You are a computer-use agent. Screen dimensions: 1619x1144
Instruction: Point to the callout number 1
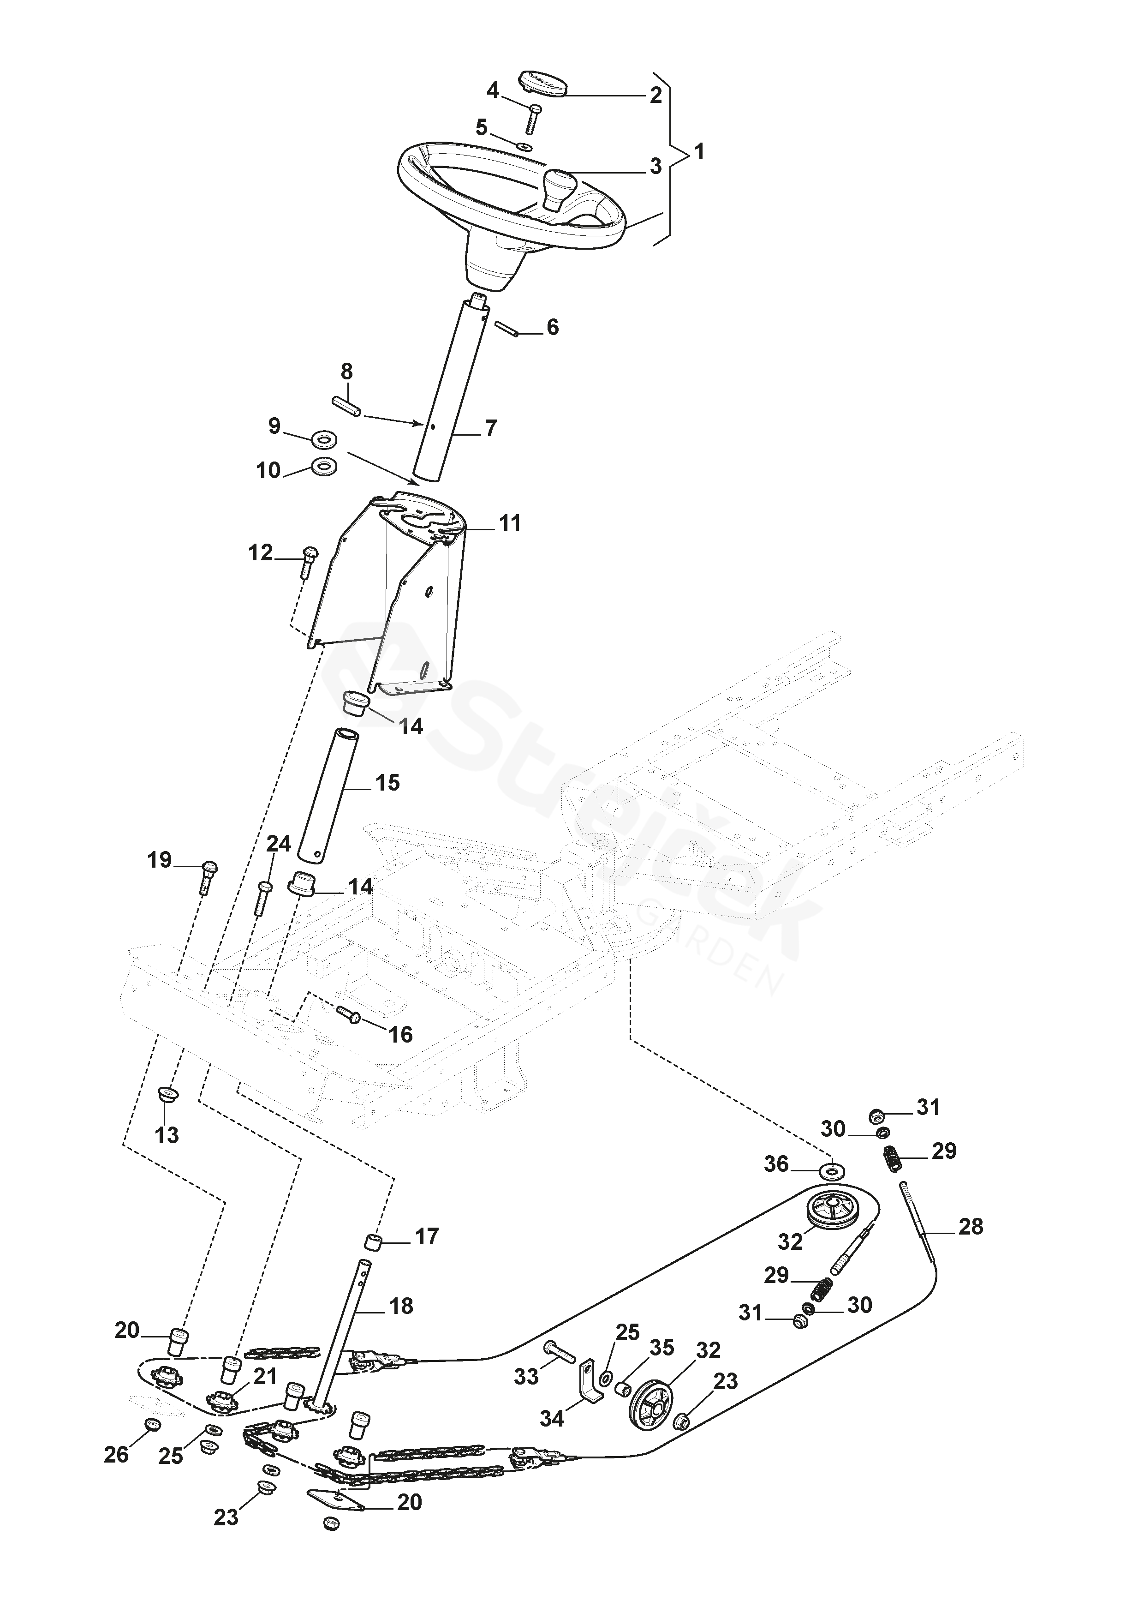click(x=699, y=151)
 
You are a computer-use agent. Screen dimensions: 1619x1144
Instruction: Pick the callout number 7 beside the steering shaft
click(x=491, y=428)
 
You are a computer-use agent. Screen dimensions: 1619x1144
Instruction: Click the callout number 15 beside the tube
click(x=387, y=783)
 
